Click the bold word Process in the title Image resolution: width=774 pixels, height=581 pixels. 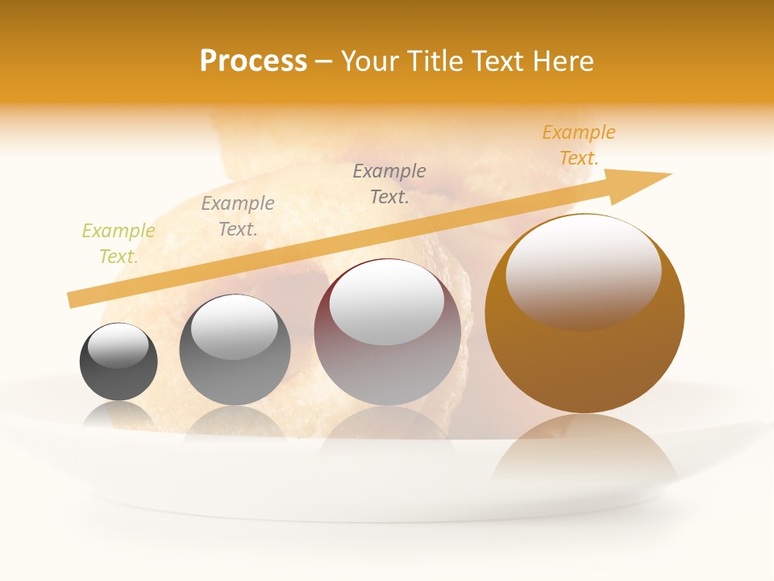(253, 61)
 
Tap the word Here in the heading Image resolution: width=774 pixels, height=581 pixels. (559, 61)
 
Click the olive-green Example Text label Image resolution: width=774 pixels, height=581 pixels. (118, 243)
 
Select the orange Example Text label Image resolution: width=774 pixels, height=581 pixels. (578, 145)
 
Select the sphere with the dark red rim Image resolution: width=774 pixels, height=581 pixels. (387, 355)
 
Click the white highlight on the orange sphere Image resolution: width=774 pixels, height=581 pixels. (583, 270)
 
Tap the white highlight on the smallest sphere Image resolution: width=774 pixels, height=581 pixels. (119, 345)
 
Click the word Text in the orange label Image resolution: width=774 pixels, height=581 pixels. (578, 158)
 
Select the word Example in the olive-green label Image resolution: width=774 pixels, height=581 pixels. (118, 231)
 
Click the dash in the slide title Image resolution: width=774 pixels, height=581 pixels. (323, 61)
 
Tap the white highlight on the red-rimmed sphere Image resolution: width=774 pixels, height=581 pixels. (387, 303)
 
